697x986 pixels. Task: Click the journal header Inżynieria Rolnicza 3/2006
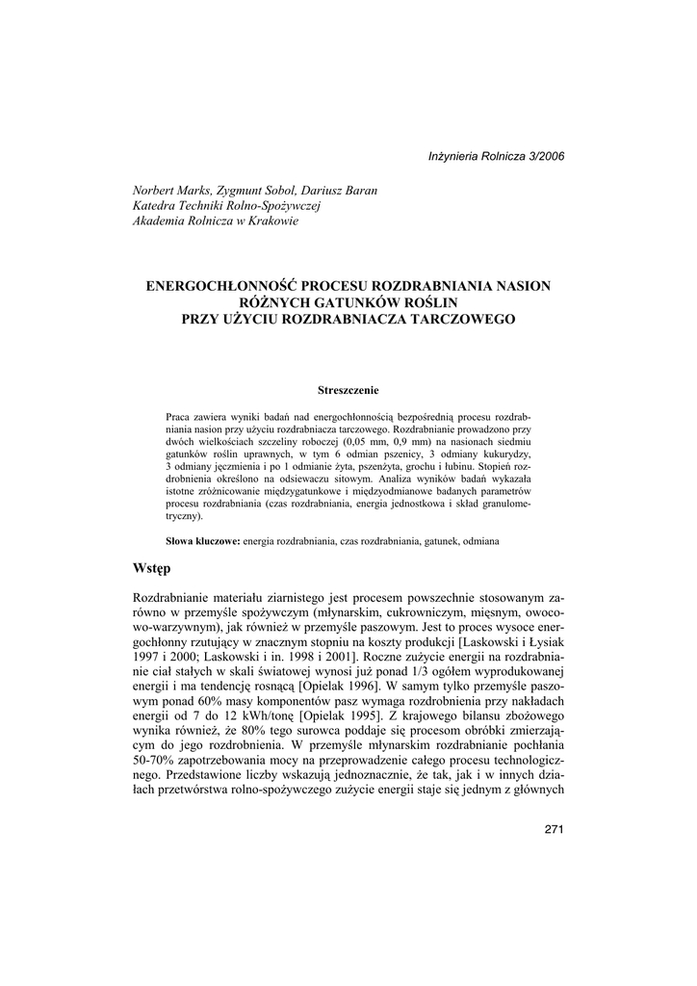tap(497, 156)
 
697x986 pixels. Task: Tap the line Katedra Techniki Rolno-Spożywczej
tap(225, 205)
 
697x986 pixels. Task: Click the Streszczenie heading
tap(348, 390)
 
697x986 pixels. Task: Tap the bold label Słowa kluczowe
tap(202, 542)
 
